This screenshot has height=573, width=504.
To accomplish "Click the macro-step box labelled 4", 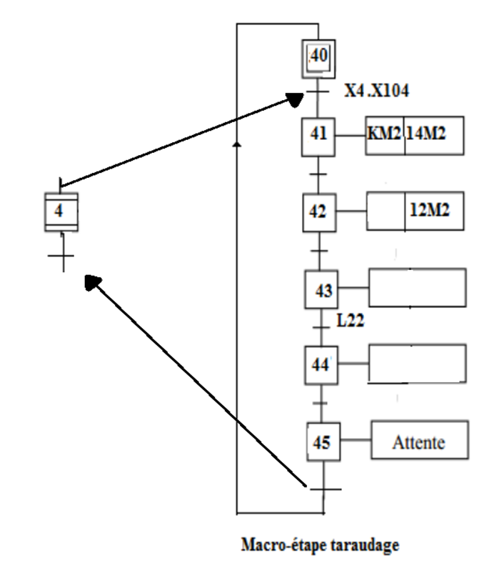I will click(x=61, y=212).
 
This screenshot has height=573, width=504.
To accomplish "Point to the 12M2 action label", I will click(x=430, y=212).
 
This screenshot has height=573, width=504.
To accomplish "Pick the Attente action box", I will click(x=419, y=442).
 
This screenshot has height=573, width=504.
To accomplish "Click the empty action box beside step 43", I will click(x=415, y=288).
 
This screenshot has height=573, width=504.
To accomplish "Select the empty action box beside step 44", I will click(x=415, y=365).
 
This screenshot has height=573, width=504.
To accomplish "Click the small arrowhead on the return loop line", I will click(x=237, y=144).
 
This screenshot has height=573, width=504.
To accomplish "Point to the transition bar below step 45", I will click(x=325, y=489).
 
